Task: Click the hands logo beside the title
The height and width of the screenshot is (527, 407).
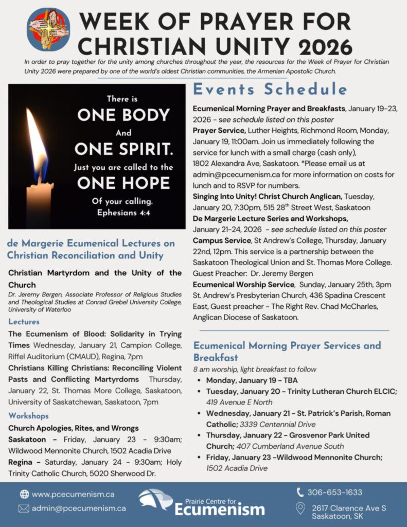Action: tap(48, 29)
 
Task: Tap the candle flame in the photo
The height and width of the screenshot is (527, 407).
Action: tap(38, 142)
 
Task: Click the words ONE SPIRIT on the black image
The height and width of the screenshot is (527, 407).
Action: tap(123, 149)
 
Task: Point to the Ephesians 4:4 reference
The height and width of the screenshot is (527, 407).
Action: tap(123, 212)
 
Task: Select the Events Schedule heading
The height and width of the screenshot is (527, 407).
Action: tap(270, 90)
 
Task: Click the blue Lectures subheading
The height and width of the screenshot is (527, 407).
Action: tap(24, 322)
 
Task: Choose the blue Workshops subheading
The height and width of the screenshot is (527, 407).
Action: tap(29, 415)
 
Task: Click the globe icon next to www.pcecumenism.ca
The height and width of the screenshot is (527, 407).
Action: tap(24, 494)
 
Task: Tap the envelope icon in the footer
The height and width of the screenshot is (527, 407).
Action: tap(24, 508)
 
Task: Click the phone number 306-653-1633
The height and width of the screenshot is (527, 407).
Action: tap(334, 493)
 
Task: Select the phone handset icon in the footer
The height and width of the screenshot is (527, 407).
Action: tap(300, 493)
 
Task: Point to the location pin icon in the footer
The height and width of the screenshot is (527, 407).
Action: tap(300, 509)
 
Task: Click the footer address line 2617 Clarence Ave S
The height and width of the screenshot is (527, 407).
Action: tap(349, 508)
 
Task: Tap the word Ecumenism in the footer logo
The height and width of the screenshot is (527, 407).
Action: tap(219, 510)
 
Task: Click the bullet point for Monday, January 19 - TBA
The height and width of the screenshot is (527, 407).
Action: tap(199, 381)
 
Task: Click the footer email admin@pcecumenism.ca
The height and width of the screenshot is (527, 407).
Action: tap(79, 508)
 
